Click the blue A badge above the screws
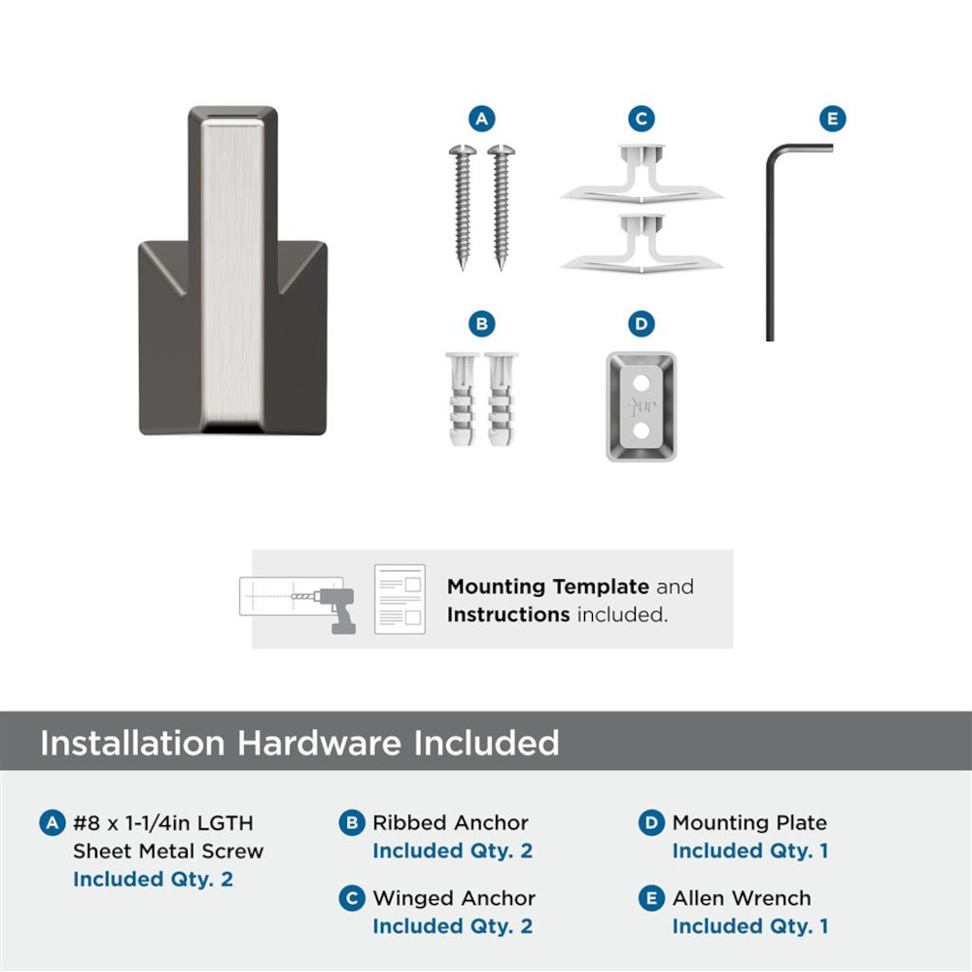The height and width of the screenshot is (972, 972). pos(482,119)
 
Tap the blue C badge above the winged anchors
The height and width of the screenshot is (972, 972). pos(641,119)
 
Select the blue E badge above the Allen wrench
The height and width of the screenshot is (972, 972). pos(832,119)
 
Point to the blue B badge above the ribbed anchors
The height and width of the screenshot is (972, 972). pos(482,324)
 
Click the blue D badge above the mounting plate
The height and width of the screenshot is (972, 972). pos(641,324)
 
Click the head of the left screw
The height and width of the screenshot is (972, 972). pos(463,150)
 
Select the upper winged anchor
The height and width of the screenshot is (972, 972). pos(641,174)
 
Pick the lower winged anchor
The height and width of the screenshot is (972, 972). pos(641,244)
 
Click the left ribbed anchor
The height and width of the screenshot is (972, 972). pos(462,399)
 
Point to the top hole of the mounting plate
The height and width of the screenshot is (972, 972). pos(641,382)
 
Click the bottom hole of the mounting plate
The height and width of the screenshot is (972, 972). pos(641,430)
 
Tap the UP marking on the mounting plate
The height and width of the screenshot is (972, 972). pos(641,406)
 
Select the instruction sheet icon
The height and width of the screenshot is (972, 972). pos(399,599)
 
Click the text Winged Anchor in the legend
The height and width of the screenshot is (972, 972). pos(454,897)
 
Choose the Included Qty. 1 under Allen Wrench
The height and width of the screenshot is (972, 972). pos(750,925)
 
